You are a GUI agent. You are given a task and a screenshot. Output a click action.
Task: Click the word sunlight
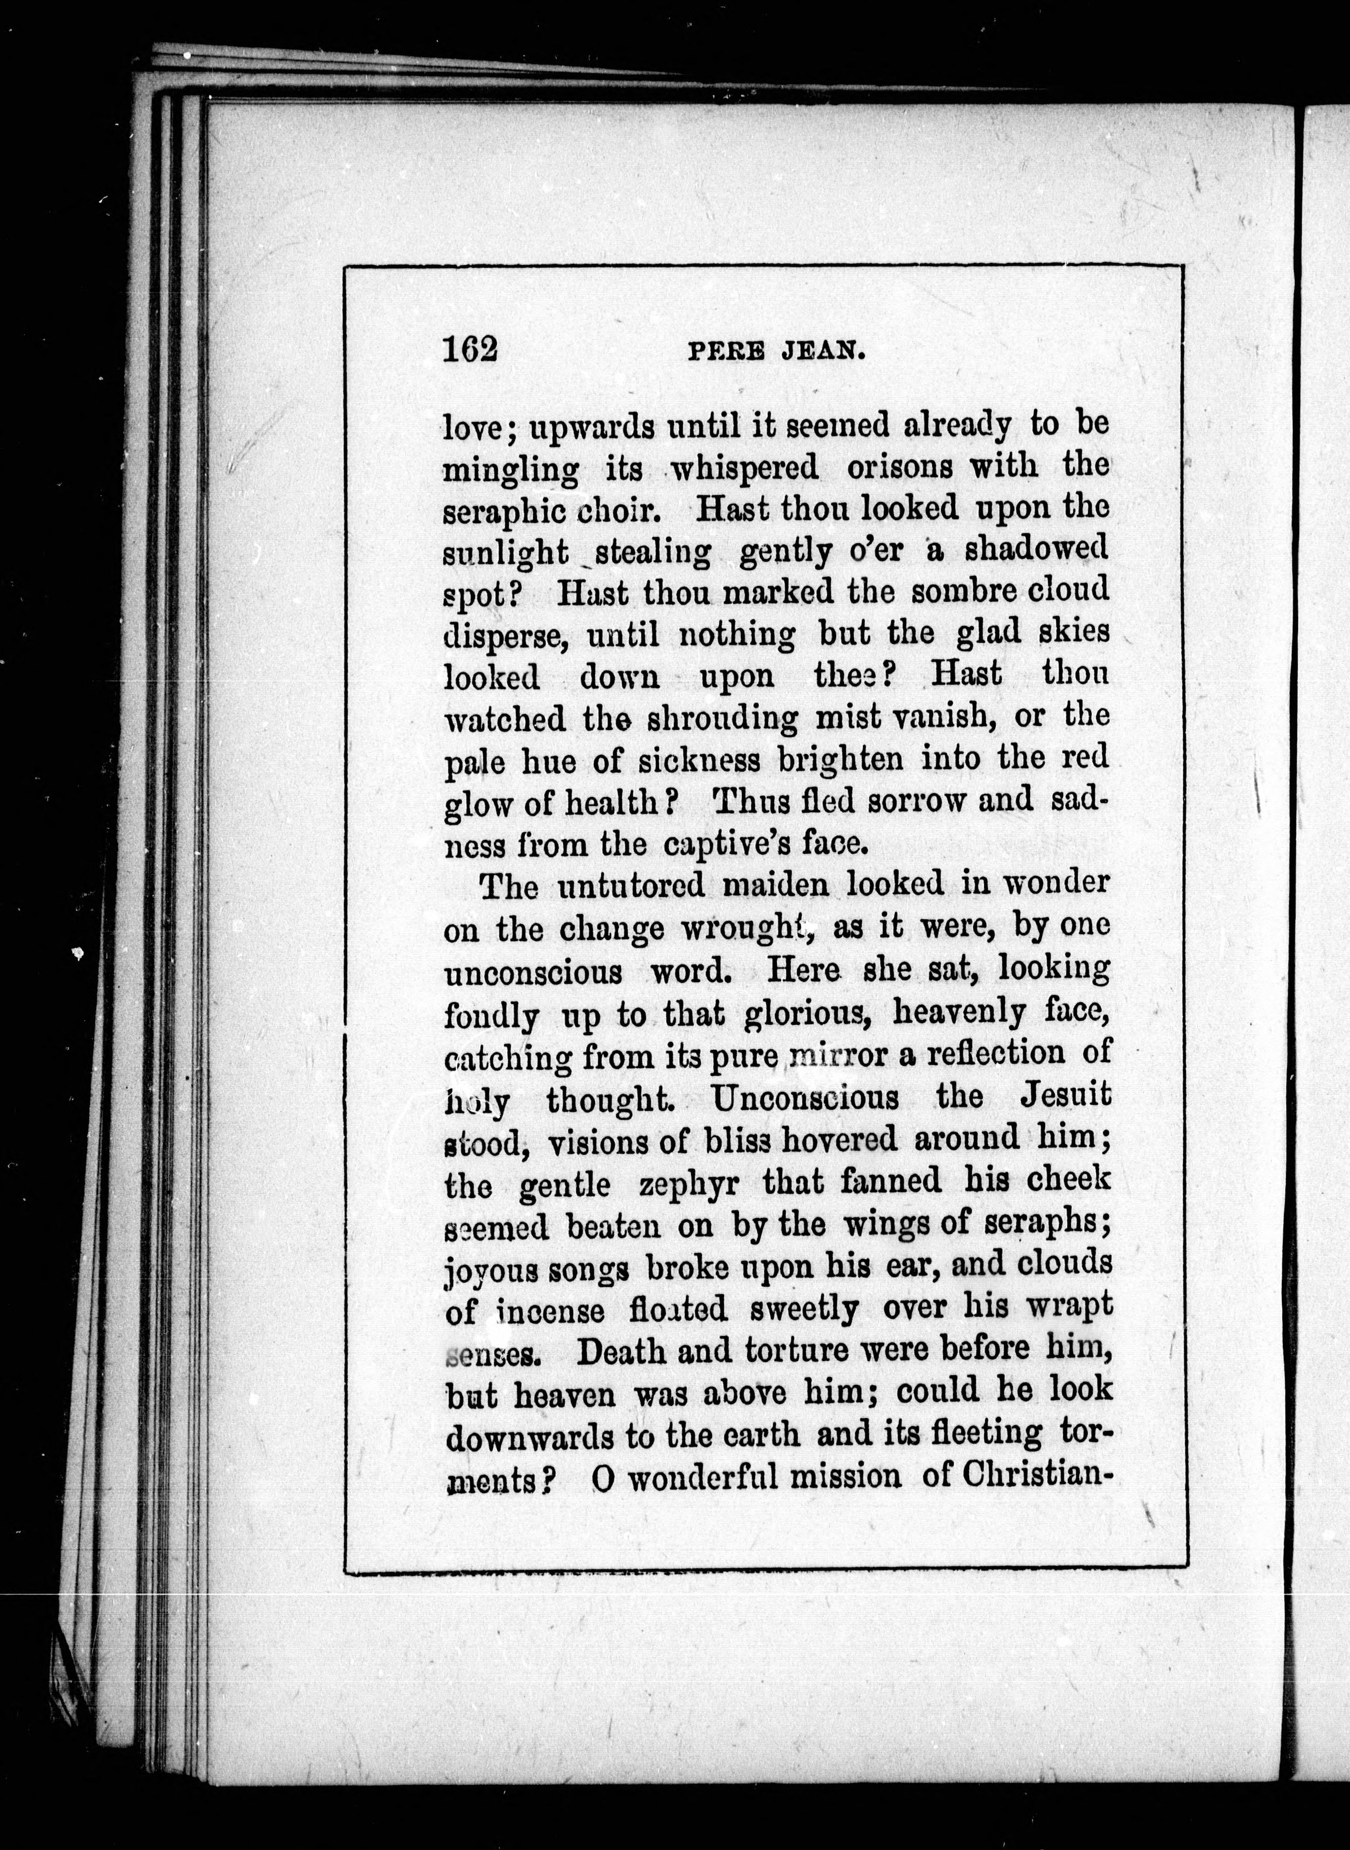pyautogui.click(x=506, y=554)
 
